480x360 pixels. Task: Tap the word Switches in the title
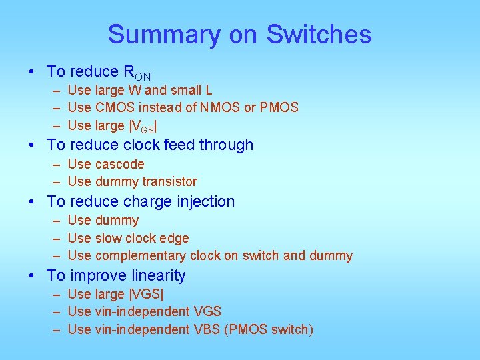pos(319,35)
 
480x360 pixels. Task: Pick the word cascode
pos(120,164)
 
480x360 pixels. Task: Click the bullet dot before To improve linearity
pos(32,275)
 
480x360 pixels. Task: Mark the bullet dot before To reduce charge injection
pos(32,201)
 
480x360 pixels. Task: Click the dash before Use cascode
pos(55,164)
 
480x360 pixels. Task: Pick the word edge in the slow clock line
pos(176,238)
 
